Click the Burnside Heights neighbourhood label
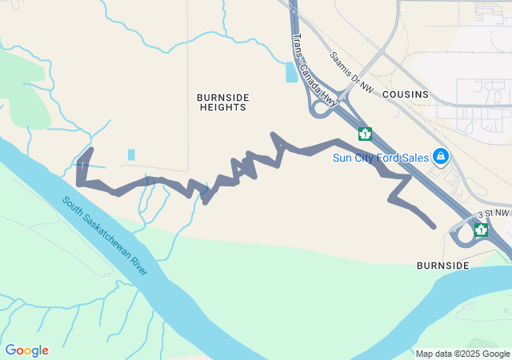coord(223,102)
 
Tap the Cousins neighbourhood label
coord(405,94)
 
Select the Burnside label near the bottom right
coord(442,264)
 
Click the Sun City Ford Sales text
coord(381,157)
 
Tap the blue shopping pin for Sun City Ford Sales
coord(439,155)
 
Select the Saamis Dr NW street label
coord(351,71)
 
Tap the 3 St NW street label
coord(493,214)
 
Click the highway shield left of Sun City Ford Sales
coord(366,134)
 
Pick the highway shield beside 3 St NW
coord(481,230)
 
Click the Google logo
coord(26,350)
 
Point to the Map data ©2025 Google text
coord(462,354)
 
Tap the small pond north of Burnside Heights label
coord(291,72)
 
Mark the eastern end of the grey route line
coord(434,226)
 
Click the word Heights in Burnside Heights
coord(223,107)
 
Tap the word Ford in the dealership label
coord(390,157)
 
